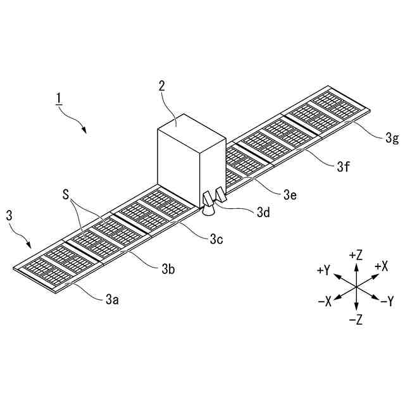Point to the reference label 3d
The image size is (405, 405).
263,213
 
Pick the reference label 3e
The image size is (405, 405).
289,194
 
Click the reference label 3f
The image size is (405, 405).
342,167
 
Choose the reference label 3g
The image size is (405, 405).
392,138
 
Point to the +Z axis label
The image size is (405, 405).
355,255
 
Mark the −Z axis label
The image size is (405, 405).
355,320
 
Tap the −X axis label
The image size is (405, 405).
325,302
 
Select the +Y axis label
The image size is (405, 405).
323,270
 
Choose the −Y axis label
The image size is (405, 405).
386,302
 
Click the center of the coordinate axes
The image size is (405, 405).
356,287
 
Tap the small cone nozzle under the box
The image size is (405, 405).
208,210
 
